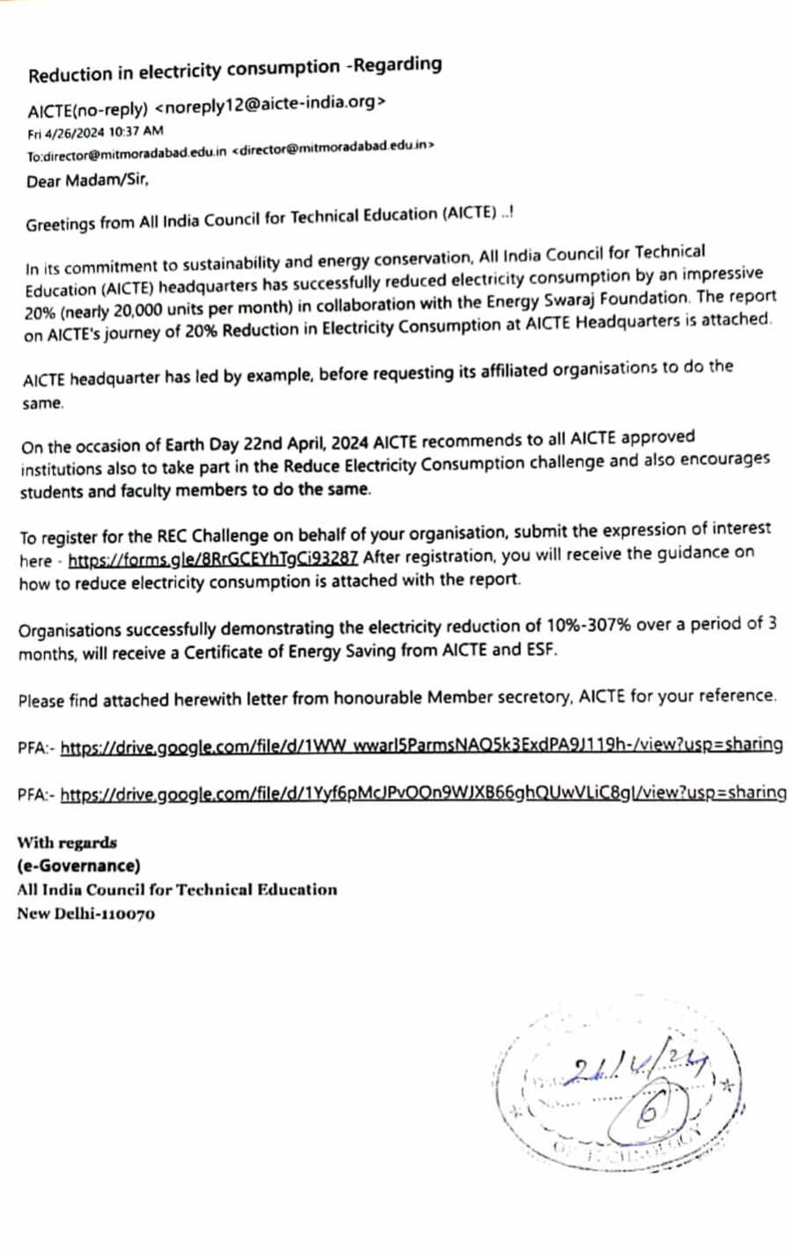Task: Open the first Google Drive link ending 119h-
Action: point(421,747)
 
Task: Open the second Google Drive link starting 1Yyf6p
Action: point(422,793)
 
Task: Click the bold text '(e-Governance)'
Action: point(78,865)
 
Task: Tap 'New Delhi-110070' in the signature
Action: point(85,913)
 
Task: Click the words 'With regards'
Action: point(67,843)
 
